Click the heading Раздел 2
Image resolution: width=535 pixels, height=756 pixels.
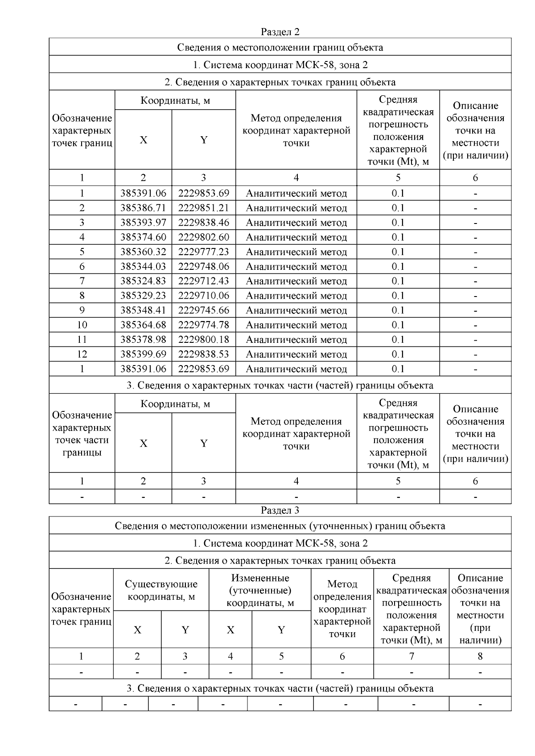click(x=280, y=32)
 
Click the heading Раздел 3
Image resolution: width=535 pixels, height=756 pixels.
click(x=280, y=510)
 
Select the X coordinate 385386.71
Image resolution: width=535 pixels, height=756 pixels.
click(x=143, y=208)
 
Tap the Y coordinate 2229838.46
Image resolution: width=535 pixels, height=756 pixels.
click(x=204, y=223)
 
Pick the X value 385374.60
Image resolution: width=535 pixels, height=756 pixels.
click(x=143, y=237)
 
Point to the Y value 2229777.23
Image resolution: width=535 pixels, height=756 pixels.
click(x=204, y=252)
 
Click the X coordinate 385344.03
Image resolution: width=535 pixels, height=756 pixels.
click(x=143, y=267)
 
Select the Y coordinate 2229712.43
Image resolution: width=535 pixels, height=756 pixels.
click(x=204, y=281)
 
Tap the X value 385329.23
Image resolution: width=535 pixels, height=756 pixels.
click(x=143, y=296)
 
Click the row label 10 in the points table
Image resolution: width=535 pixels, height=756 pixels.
click(x=82, y=325)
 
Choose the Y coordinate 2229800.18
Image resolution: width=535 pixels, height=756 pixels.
click(x=204, y=340)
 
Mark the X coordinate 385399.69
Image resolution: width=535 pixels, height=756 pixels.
click(x=143, y=354)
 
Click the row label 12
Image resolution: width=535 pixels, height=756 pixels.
click(x=82, y=354)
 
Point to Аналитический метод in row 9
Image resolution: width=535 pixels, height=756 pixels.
click(x=296, y=310)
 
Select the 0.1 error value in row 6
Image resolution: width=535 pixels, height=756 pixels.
click(x=398, y=267)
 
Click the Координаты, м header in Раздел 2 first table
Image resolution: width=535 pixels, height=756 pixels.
click(x=175, y=101)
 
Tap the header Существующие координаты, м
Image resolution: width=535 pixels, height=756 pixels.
click(x=161, y=590)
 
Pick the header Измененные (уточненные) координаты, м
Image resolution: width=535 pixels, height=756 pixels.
click(x=260, y=590)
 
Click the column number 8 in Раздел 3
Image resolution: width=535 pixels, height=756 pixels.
click(x=480, y=656)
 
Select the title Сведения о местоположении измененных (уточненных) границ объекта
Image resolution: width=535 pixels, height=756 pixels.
click(x=280, y=526)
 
